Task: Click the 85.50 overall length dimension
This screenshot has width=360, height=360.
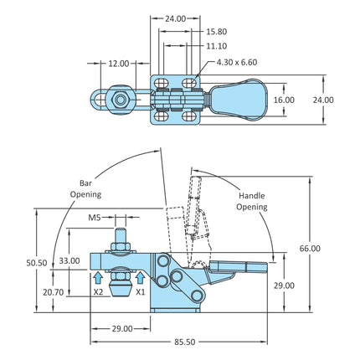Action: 185,342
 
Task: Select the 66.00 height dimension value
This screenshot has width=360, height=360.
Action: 310,248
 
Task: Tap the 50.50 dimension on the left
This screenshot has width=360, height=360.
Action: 37,263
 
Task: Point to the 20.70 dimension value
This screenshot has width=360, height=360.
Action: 54,292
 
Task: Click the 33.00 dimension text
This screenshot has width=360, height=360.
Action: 69,260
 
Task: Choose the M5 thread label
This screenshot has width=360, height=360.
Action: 94,218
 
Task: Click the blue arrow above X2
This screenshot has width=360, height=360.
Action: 98,278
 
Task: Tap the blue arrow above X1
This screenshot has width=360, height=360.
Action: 141,278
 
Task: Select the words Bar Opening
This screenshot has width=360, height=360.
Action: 85,189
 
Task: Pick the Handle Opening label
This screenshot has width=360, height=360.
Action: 252,201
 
